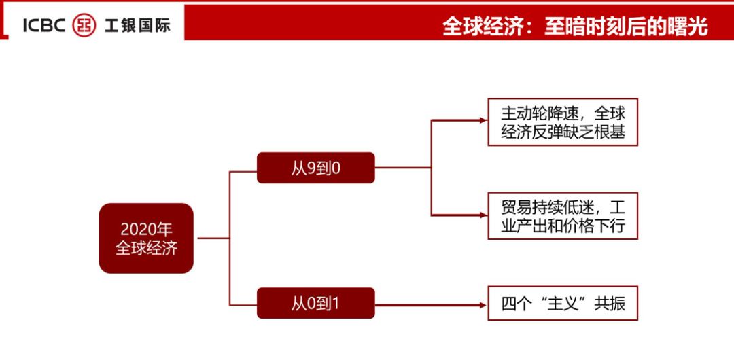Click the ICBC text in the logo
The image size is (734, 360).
pos(44,26)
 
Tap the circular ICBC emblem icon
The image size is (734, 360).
pos(84,26)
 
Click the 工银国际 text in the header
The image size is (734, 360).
pos(137,26)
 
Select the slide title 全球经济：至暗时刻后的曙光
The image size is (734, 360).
pos(575,26)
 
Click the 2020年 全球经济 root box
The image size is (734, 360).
pos(146,238)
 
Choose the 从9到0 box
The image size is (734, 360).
pos(315,168)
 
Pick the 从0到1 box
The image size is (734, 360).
pos(315,303)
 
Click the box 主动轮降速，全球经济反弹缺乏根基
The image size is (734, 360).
pos(563,122)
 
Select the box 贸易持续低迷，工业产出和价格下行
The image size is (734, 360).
pos(563,216)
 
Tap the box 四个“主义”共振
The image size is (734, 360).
pos(563,304)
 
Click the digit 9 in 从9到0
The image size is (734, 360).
pos(311,168)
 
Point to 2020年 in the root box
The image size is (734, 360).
pos(146,229)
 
